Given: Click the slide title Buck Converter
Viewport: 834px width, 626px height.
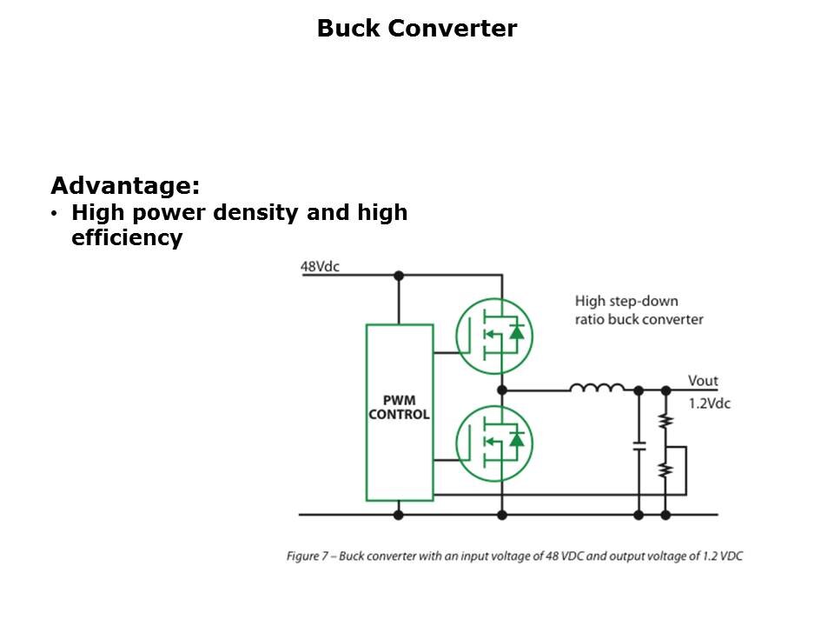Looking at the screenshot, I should click(416, 29).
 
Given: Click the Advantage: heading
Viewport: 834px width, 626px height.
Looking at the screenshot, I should click(125, 185).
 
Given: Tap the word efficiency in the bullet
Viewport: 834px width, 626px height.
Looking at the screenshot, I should click(127, 238).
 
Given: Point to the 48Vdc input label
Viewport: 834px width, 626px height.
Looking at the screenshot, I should click(320, 266).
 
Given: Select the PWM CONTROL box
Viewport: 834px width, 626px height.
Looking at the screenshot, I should click(400, 412).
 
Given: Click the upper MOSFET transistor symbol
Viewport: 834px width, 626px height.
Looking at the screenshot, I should click(494, 336).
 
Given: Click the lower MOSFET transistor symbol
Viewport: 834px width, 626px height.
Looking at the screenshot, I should click(494, 443).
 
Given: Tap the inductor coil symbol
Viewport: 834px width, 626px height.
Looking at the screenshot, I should click(597, 388).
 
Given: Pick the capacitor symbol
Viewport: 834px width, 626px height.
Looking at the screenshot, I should click(639, 445).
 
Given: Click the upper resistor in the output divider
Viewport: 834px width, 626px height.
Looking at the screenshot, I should click(665, 422).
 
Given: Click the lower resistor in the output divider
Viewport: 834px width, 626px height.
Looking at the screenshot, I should click(665, 470).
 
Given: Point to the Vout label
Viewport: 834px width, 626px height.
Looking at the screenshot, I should click(703, 381).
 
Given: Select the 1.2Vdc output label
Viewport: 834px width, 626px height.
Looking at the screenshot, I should click(709, 403).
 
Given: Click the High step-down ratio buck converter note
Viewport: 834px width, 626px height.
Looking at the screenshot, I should click(639, 310).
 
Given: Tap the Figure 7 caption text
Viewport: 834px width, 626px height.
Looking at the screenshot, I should click(514, 556).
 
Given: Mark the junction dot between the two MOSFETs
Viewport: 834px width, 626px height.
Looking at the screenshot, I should click(501, 390).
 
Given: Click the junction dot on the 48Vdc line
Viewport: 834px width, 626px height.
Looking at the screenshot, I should click(399, 276).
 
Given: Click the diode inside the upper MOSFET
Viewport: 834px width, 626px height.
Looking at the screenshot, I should click(517, 331).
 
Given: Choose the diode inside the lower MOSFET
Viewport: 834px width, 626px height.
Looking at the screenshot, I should click(517, 439).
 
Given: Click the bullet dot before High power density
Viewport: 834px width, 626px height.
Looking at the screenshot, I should click(55, 213).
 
